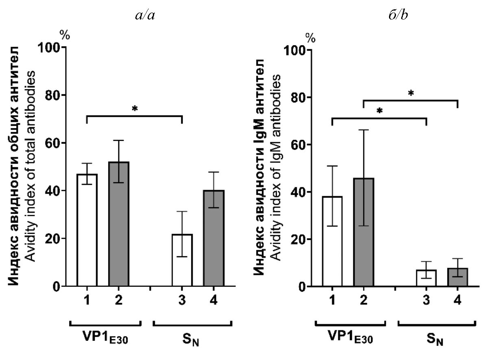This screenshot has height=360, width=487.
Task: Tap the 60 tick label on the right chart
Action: [300, 145]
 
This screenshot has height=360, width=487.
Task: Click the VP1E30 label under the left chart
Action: [105, 339]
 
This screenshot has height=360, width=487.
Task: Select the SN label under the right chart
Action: [437, 340]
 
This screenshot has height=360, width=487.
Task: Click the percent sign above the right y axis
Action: [311, 38]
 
